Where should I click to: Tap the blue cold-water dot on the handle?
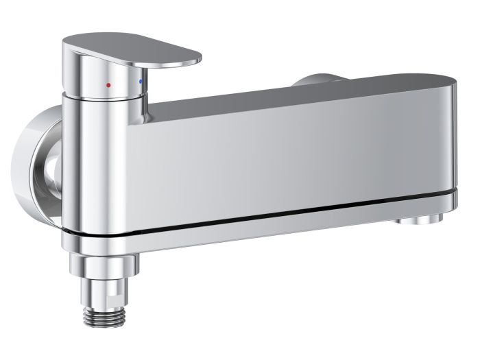tap(141, 82)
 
